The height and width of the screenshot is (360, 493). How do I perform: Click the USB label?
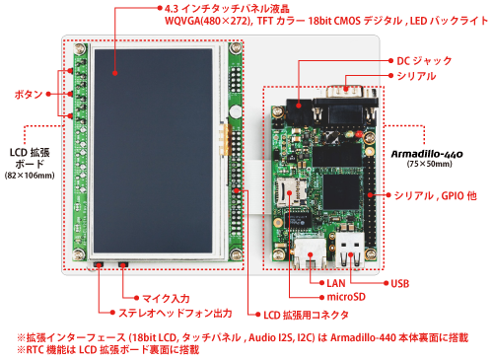[x=400, y=285]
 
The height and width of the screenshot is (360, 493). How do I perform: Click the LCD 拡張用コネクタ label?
[x=305, y=317]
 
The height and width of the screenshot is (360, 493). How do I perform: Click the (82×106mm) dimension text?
[x=31, y=175]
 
